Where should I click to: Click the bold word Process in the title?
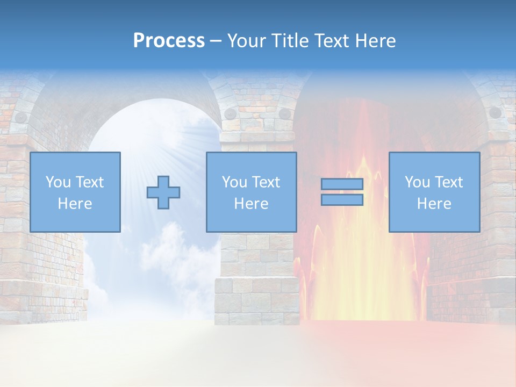(169, 41)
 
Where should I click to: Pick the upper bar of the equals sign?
(342, 184)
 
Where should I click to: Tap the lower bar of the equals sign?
(342, 200)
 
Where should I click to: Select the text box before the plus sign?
(75, 192)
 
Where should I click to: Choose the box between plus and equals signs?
(252, 192)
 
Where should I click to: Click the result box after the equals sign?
(434, 192)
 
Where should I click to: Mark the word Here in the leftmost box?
(75, 204)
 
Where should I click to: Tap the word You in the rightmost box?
(418, 182)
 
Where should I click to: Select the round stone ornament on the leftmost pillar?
(21, 117)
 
